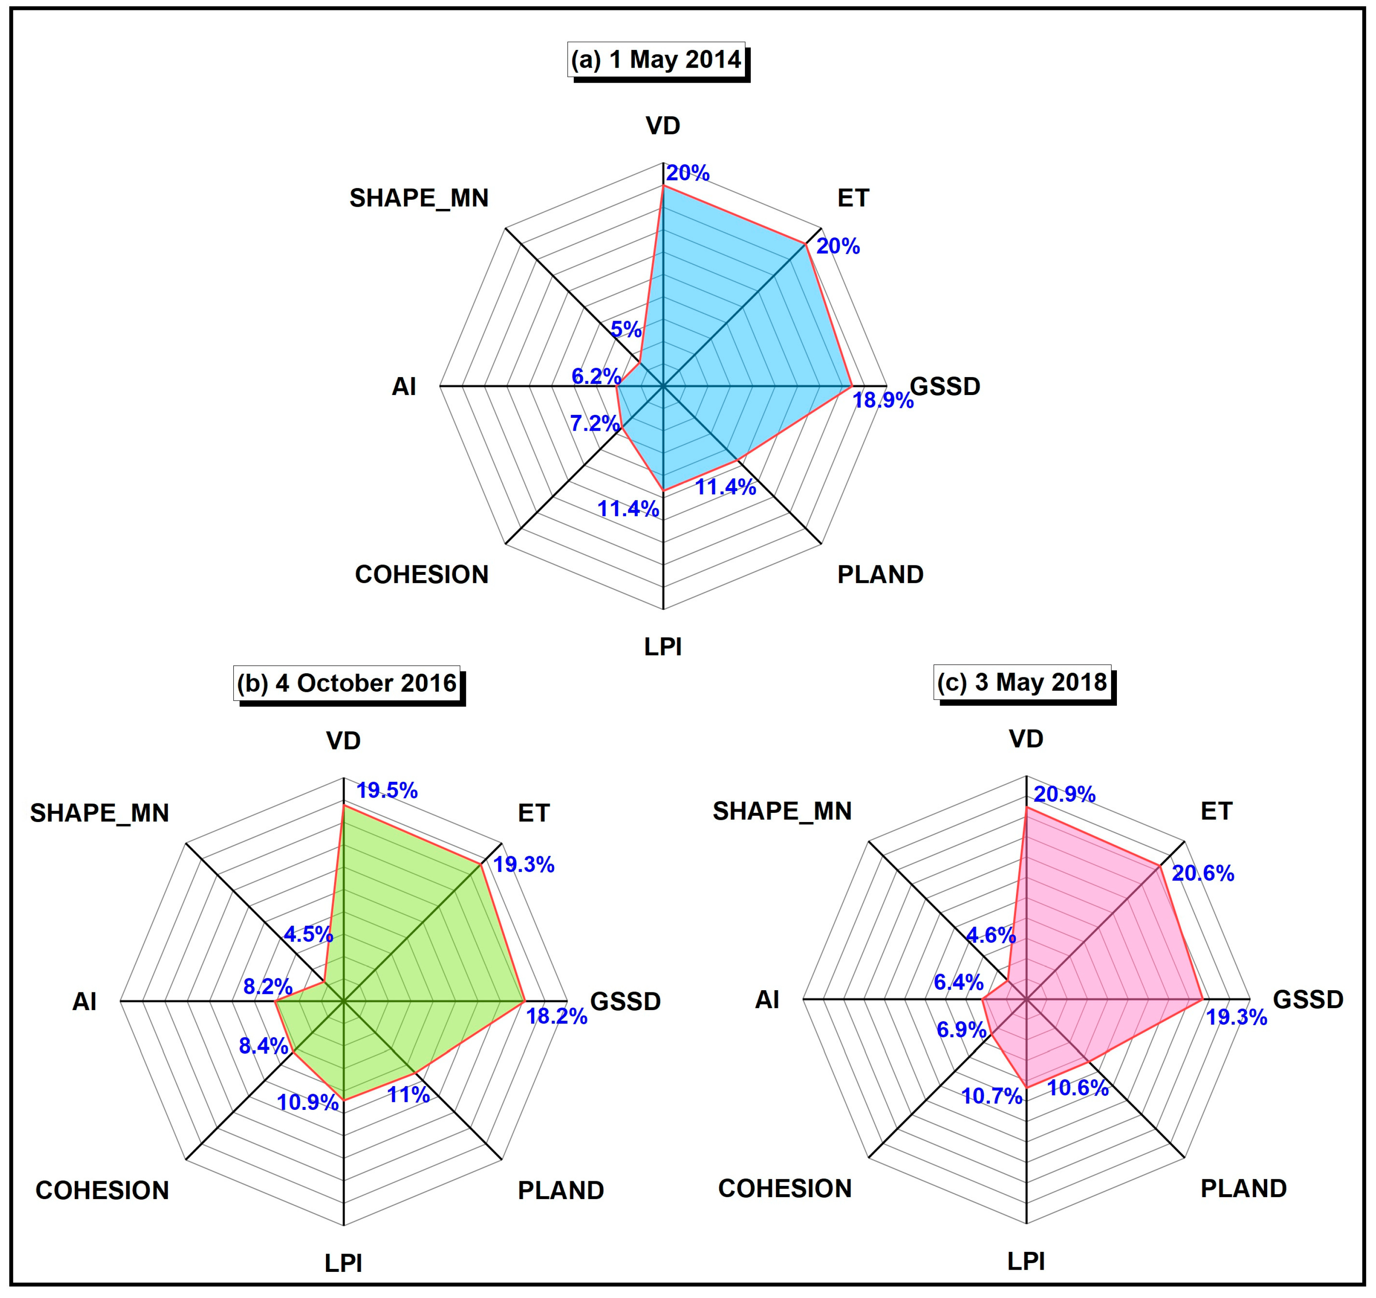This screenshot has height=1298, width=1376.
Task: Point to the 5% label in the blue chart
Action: (x=626, y=329)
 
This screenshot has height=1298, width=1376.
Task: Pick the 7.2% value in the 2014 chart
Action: (x=594, y=422)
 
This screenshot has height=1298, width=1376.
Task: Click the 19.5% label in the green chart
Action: (x=387, y=790)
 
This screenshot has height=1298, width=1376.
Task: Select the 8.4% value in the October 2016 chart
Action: (x=263, y=1045)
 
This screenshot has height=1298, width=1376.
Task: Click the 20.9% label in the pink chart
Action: (x=1065, y=794)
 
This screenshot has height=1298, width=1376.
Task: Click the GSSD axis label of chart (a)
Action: (x=945, y=386)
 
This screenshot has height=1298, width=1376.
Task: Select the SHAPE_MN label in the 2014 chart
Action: (x=419, y=198)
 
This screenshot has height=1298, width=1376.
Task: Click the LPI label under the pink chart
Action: (x=1026, y=1261)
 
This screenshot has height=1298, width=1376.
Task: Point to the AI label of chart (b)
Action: (x=84, y=1002)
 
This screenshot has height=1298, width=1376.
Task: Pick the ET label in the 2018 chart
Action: (x=1216, y=811)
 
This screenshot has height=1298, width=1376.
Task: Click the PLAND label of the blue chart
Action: (x=880, y=574)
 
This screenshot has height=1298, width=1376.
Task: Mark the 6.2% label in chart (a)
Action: (x=596, y=376)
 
